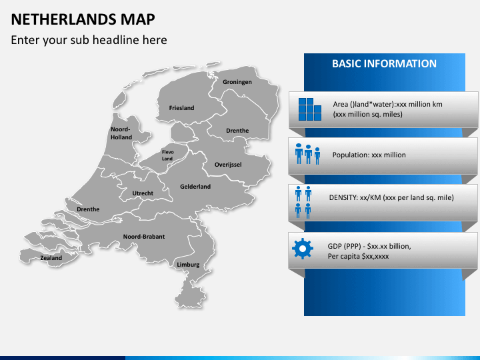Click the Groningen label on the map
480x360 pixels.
point(237,82)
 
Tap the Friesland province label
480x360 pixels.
point(181,107)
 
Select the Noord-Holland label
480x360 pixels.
point(121,133)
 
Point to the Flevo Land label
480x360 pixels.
point(167,155)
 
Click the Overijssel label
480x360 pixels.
point(228,164)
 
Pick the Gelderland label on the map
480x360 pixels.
point(195,187)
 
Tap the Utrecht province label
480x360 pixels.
point(143,193)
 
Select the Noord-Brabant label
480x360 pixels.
point(143,236)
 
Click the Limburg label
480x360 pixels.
point(188,265)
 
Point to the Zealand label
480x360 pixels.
point(51,258)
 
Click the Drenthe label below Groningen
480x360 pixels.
point(237,131)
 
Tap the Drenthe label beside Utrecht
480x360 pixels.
point(88,209)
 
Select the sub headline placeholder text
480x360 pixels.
point(89,40)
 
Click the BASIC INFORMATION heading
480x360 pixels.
point(384,64)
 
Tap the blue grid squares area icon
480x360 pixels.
point(310,109)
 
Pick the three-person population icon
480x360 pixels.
point(307,154)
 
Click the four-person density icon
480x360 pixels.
point(303,202)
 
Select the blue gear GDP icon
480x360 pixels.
point(303,249)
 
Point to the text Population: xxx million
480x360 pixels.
point(369,155)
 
